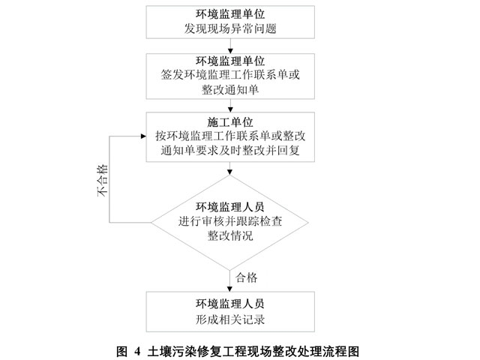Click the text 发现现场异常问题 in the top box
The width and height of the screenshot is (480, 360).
point(230,28)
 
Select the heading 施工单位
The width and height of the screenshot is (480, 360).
point(230,122)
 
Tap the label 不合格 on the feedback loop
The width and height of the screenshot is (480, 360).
point(103,180)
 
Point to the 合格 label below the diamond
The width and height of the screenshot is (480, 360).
point(247,277)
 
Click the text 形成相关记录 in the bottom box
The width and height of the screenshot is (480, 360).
point(230,319)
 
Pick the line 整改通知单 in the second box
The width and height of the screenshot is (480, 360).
point(230,90)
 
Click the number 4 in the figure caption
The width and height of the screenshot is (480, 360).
point(136,351)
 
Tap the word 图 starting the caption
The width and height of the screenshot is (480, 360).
point(121,351)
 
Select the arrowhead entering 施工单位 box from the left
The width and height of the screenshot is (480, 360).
point(143,136)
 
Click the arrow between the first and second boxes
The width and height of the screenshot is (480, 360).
point(230,46)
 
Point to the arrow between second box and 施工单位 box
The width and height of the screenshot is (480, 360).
point(230,106)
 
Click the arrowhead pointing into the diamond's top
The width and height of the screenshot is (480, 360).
point(230,172)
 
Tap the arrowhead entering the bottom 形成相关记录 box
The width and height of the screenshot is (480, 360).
point(230,289)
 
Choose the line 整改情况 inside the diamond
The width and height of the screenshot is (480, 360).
point(230,235)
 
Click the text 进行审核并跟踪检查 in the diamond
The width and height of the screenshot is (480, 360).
point(230,221)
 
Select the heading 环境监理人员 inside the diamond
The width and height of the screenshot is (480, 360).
point(230,207)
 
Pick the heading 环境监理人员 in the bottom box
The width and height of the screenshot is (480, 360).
point(230,304)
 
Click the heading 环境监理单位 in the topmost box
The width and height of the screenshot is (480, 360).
point(230,14)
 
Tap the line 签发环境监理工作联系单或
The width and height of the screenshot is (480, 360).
point(230,75)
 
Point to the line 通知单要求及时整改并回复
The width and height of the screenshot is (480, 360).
point(230,150)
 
